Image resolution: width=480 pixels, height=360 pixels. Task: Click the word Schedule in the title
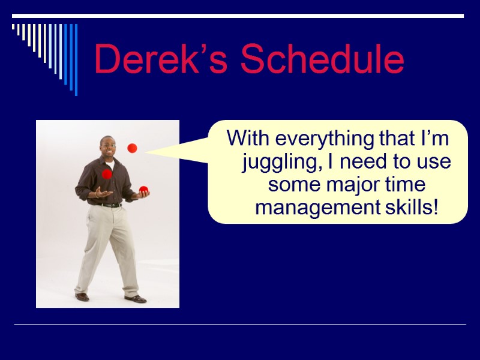322,60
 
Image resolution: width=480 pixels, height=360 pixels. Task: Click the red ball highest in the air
132,148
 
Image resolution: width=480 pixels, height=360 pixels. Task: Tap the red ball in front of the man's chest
107,174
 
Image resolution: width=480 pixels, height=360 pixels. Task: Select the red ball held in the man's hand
144,190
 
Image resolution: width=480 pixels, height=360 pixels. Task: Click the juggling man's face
107,146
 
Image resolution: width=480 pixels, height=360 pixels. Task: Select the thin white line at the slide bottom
240,325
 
